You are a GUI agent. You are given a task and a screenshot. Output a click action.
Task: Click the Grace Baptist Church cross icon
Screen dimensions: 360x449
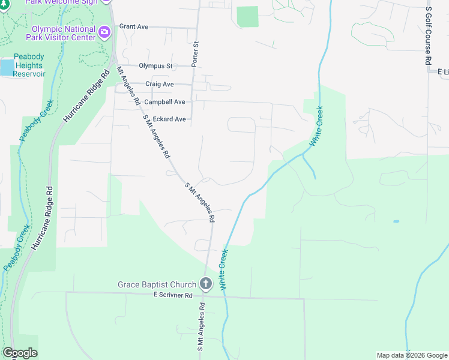coord(206,284)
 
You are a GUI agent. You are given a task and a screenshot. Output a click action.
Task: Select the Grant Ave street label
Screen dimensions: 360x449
coord(133,27)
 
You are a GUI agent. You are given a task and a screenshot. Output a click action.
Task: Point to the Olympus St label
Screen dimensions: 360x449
coord(155,66)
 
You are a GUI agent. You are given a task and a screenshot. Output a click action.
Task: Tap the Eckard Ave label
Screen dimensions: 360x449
coord(169,119)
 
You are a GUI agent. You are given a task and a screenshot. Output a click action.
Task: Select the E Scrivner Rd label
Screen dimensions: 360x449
coord(172,295)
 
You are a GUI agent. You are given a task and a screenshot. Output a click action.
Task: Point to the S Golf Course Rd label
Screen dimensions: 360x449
coord(428,36)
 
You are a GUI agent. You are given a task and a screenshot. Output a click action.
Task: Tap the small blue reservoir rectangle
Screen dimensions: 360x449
coord(6,67)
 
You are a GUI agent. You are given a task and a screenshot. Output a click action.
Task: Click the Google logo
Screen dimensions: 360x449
coord(19,353)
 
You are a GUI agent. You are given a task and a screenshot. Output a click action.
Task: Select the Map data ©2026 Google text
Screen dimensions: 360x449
coord(412,355)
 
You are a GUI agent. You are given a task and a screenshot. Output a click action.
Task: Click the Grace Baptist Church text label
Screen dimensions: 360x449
coord(157,284)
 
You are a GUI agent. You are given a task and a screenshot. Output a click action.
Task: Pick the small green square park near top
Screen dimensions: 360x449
coord(247,17)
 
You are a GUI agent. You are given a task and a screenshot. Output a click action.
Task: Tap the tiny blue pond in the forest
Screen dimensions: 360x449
coord(396,221)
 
